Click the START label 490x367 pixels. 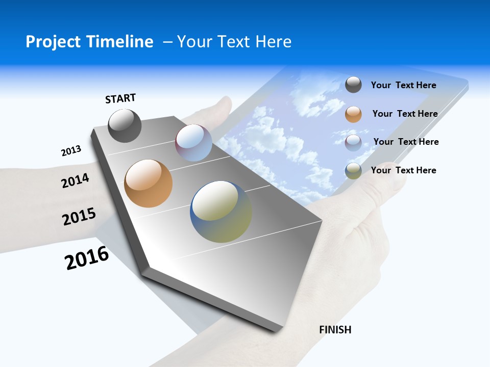pos(120,98)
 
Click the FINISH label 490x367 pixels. pos(335,330)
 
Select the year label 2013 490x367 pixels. pos(71,151)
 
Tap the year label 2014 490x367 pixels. pos(76,180)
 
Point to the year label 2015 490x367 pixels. pos(79,217)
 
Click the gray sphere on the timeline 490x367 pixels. pos(125,126)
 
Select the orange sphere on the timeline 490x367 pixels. pos(148,183)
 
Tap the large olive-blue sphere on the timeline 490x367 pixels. pos(221,212)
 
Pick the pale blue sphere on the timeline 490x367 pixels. pos(193,143)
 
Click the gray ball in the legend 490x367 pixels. pos(353,85)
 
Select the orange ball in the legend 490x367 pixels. pos(353,114)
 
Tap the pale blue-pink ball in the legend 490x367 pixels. pos(353,142)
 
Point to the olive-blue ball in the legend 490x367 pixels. pos(353,171)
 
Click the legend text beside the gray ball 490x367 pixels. pos(403,85)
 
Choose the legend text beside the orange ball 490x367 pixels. pos(405,114)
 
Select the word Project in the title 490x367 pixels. pos(53,42)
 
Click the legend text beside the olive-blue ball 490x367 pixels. pos(403,170)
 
